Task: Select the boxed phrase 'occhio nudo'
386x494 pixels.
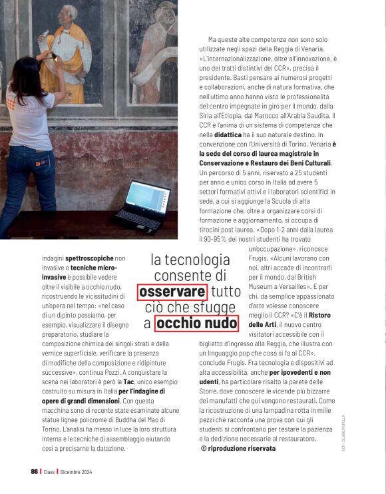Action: point(196,324)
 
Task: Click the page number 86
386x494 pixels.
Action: point(35,472)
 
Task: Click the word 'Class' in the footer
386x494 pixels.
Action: point(49,472)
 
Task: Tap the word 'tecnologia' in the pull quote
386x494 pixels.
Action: point(190,260)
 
